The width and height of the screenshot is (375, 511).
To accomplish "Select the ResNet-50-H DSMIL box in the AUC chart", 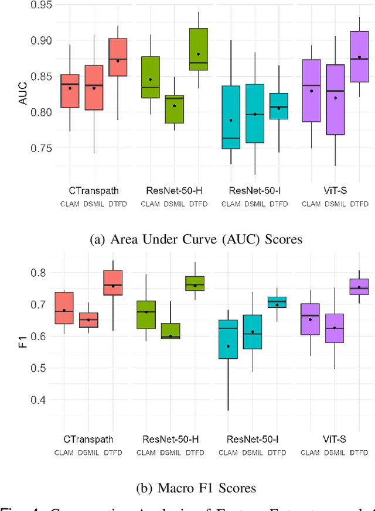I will click(174, 109).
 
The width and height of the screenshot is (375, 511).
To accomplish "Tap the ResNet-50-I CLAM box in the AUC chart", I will click(230, 117).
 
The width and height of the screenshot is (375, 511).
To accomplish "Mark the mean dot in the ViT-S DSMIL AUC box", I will click(335, 98).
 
